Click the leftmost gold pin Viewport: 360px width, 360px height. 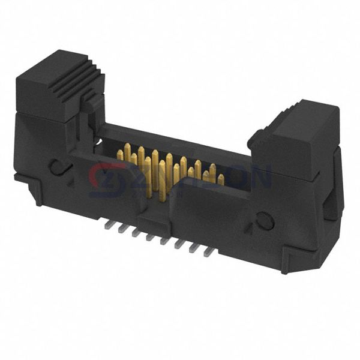coord(120,155)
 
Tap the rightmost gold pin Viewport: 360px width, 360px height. coord(221,179)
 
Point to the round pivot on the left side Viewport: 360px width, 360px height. coord(58,166)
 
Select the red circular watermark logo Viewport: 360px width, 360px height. coord(108,179)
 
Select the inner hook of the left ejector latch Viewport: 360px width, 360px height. coord(90,105)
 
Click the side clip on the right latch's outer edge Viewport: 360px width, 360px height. coord(329,209)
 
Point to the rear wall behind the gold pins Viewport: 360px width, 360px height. coord(180,144)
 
